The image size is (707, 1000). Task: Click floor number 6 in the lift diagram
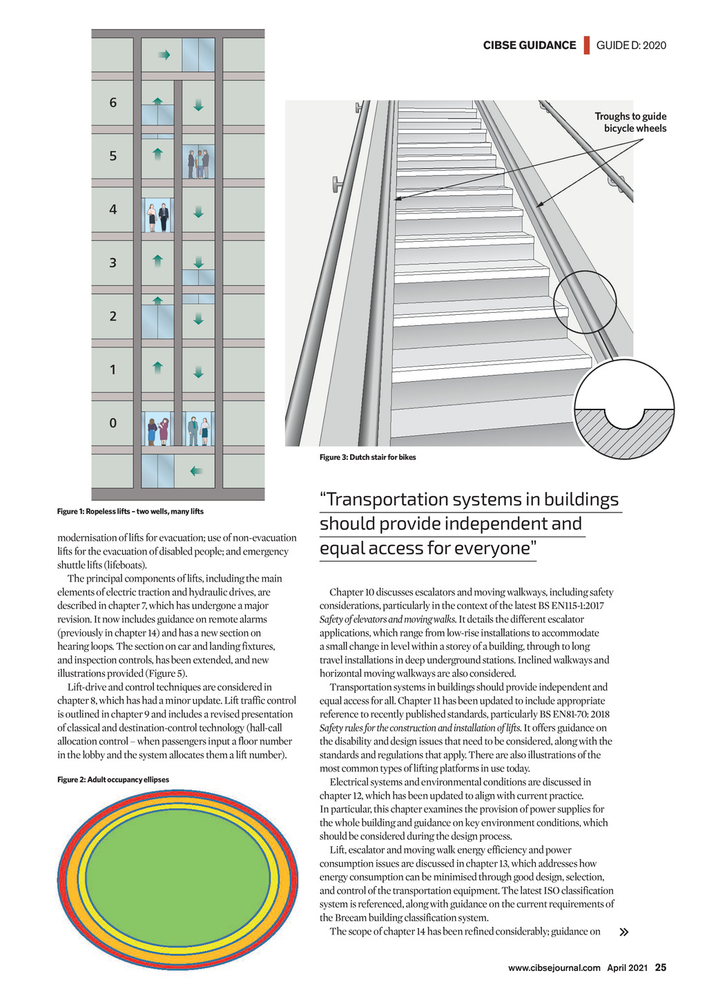coord(113,103)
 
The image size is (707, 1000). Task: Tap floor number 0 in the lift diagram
coord(113,423)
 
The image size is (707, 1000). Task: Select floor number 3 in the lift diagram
coord(113,263)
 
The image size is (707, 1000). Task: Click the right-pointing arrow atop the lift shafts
coord(164,55)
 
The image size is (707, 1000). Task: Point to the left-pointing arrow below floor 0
coord(197,471)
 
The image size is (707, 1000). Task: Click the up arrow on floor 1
coord(157,367)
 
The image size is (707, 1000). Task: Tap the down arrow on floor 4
coord(199,211)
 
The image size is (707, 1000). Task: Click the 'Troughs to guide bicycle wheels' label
coord(630,122)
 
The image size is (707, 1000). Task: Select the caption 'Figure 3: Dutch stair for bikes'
coord(367,457)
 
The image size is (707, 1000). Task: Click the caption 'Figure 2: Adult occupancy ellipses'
coord(113,780)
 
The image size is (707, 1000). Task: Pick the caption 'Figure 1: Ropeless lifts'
coord(130,511)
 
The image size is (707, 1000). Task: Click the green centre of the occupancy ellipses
coord(177,869)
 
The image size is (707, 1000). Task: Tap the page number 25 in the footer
coord(661,968)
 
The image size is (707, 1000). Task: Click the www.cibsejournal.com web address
coord(554,968)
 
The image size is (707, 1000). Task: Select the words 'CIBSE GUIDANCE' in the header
coord(529,46)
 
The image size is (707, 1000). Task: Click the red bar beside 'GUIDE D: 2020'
coord(586,45)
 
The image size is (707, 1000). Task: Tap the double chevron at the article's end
coord(624,932)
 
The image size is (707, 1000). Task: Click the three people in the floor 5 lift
coord(198,163)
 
